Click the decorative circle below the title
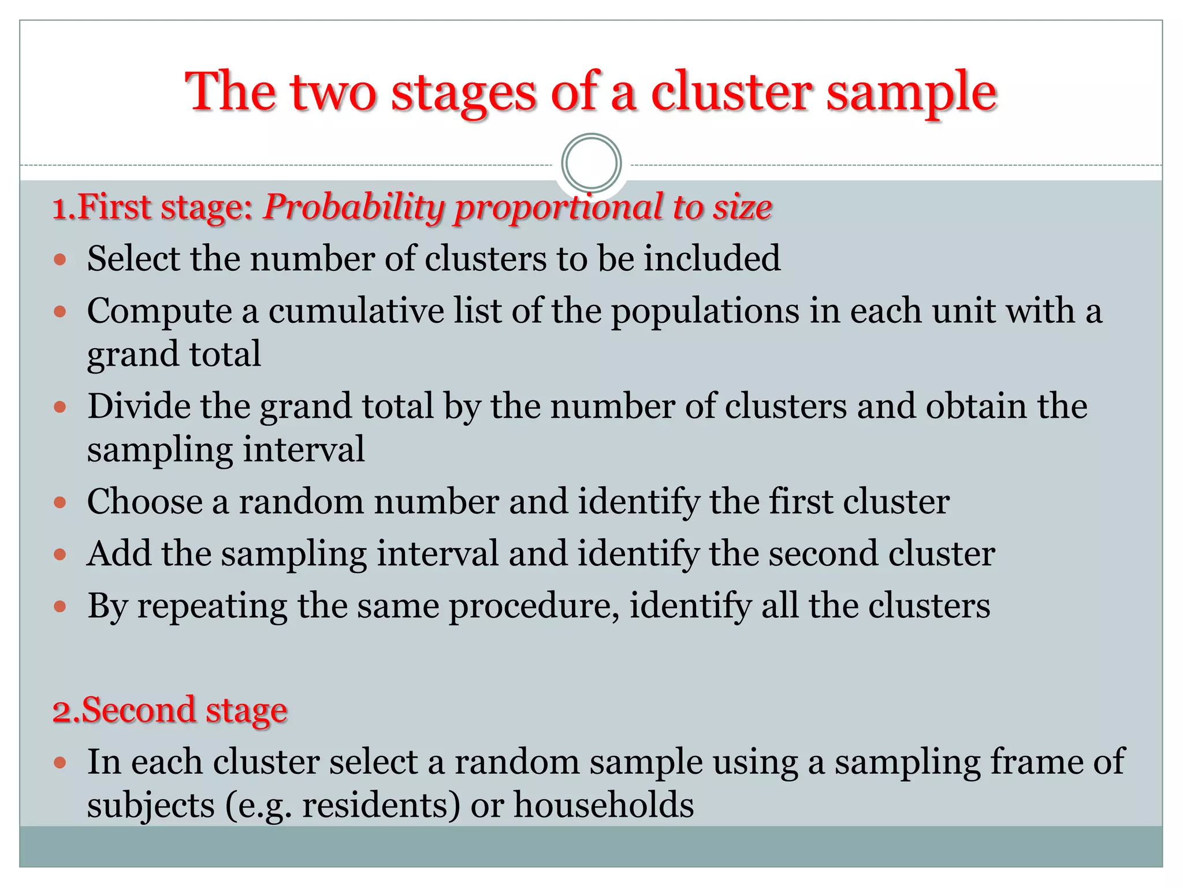(x=591, y=163)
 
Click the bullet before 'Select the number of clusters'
(x=60, y=259)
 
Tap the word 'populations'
(x=705, y=312)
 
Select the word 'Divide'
(x=139, y=406)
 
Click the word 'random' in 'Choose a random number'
(x=301, y=501)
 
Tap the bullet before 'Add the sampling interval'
(x=60, y=555)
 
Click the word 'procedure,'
(x=534, y=608)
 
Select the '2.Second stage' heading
(x=170, y=710)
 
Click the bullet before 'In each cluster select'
(x=60, y=763)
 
